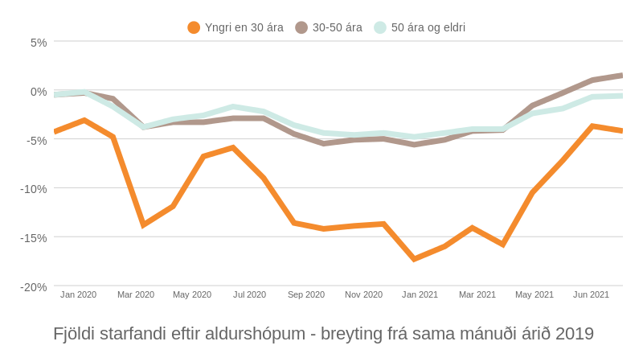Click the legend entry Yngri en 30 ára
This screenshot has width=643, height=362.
(x=235, y=27)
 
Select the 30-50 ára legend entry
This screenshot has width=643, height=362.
(x=329, y=27)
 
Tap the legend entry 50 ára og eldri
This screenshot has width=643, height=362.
(x=420, y=27)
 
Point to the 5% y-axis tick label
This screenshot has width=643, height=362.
(x=39, y=43)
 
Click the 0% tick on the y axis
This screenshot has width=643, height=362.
(x=39, y=92)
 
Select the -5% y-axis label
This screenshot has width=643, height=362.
(x=37, y=141)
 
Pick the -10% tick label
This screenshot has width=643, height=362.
(x=34, y=189)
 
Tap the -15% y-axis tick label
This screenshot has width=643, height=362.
(x=34, y=238)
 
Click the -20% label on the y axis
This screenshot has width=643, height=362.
(x=34, y=287)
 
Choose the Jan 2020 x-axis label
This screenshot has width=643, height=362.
(x=78, y=294)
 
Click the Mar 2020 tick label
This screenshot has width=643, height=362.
(x=136, y=294)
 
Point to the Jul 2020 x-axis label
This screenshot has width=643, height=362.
(x=249, y=294)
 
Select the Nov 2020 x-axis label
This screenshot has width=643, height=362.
(x=363, y=294)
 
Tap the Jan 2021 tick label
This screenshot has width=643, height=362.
(x=420, y=294)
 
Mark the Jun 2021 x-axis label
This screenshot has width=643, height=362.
(x=591, y=294)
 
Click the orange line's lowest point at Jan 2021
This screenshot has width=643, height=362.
(x=414, y=259)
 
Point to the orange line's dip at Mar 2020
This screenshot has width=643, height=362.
(x=143, y=224)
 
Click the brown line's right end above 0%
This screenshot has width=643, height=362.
(x=621, y=75)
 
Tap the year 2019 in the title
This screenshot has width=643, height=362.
(x=574, y=334)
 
